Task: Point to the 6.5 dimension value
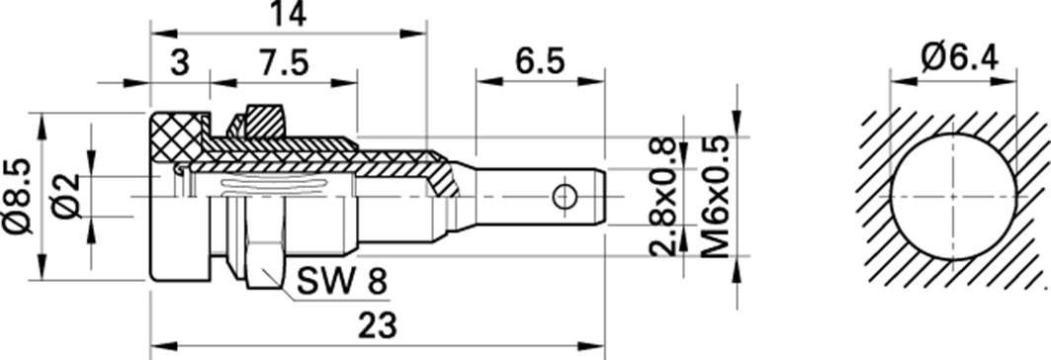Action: point(540,63)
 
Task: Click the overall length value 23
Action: point(378,326)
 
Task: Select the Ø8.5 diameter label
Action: point(18,196)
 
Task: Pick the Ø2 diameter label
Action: point(67,195)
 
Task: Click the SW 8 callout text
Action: point(342,282)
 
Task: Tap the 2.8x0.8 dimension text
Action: point(662,199)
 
